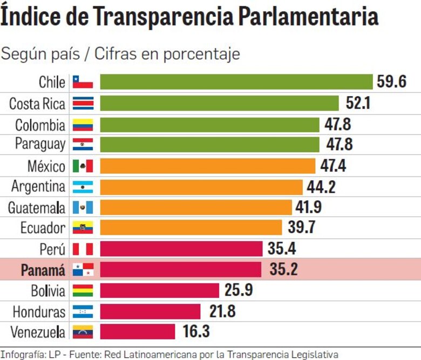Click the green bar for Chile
click(236, 82)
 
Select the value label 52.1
click(355, 103)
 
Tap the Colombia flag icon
click(83, 125)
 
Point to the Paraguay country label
click(40, 145)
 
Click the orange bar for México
click(207, 166)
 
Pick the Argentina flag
click(83, 187)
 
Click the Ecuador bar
click(191, 228)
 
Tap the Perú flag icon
click(83, 249)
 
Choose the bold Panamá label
click(43, 270)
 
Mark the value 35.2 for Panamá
click(283, 269)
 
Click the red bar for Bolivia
click(159, 290)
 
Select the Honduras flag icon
click(83, 311)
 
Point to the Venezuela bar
click(137, 331)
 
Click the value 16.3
click(196, 331)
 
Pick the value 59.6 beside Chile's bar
click(391, 82)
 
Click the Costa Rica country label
click(37, 103)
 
